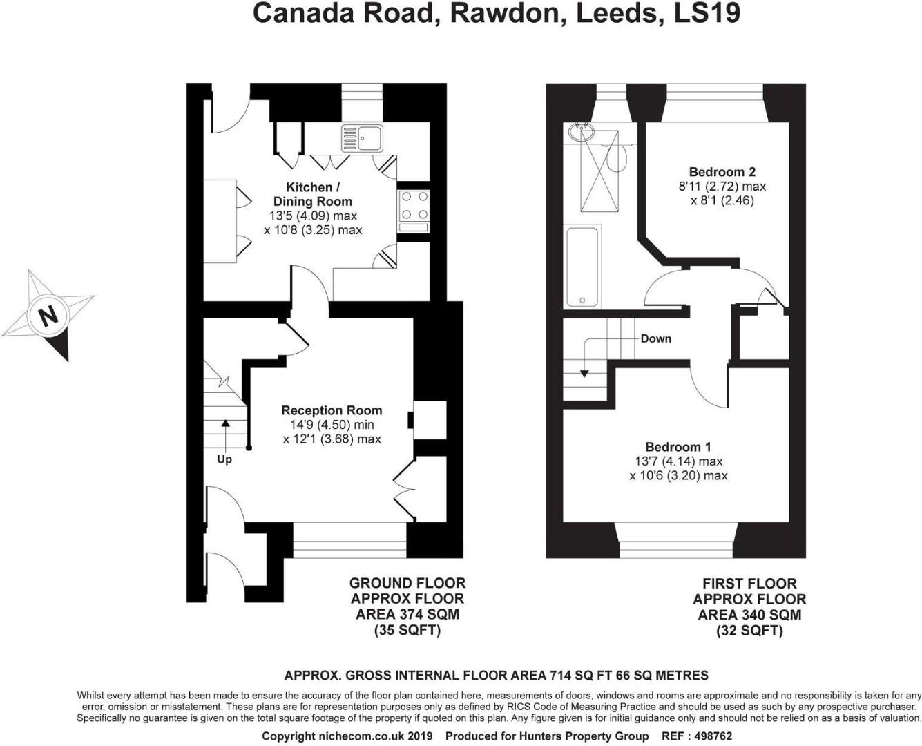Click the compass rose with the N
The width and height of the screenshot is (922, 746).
[x=48, y=315]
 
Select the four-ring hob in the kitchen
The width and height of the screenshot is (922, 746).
[x=414, y=207]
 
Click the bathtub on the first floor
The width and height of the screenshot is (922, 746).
[x=584, y=267]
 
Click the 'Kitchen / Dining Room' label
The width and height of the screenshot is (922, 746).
[x=313, y=194]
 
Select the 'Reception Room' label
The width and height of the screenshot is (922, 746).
[x=332, y=410]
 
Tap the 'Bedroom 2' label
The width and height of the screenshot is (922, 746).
[x=722, y=172]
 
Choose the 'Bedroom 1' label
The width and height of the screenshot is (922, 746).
[x=678, y=447]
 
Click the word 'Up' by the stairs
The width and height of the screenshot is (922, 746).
[x=224, y=459]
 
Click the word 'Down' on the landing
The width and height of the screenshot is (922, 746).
[x=655, y=338]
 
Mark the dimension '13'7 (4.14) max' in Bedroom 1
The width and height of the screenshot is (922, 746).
[x=678, y=461]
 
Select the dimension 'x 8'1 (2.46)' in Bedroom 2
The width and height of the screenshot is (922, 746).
[x=722, y=201]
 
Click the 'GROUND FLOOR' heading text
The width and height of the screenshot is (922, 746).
[x=407, y=583]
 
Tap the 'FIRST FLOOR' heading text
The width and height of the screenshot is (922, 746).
[x=749, y=583]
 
